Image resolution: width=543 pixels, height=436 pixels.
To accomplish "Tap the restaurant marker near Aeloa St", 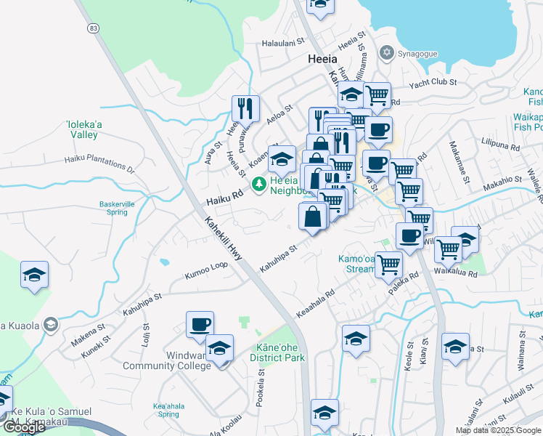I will [246, 108].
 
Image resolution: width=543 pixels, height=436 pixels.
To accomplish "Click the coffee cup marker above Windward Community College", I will [200, 324].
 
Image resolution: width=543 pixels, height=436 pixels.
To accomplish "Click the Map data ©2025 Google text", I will [498, 430].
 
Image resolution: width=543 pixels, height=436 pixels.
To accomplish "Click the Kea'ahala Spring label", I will [166, 410].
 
